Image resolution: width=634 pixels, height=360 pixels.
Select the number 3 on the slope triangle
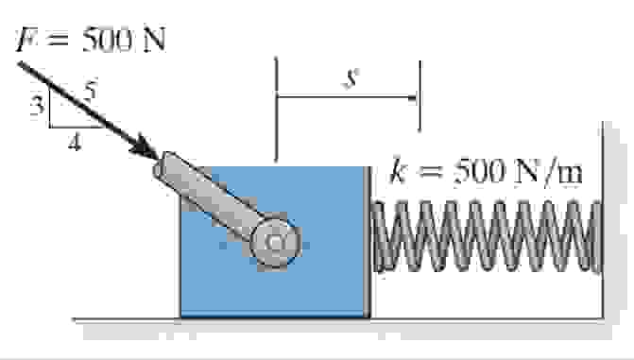coord(37,106)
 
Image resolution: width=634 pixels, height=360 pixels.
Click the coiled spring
coord(487,236)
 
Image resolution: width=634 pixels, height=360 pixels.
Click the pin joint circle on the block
coord(277,243)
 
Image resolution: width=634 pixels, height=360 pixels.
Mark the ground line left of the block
coord(123,318)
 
